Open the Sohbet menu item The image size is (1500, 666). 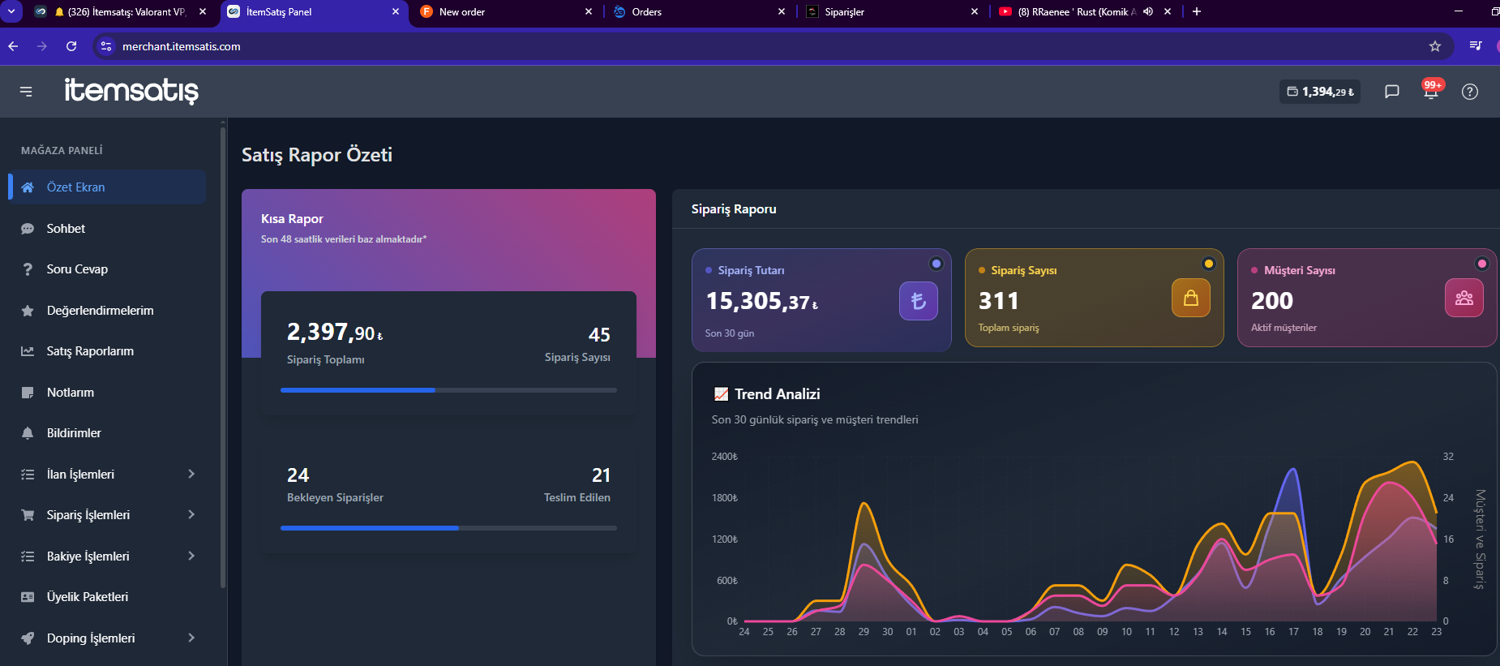point(66,229)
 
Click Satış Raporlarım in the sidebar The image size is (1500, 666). point(90,351)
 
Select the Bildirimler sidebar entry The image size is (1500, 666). point(74,433)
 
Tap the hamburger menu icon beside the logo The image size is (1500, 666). point(26,92)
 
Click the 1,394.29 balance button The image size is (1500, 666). point(1320,92)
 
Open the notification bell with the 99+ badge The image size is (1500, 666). point(1431,91)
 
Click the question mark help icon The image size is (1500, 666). point(1470,92)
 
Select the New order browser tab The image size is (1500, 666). point(462,12)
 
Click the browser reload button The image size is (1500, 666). point(71,46)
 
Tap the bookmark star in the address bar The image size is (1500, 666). point(1435,46)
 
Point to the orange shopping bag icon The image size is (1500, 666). point(1191,298)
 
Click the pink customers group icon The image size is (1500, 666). point(1464,298)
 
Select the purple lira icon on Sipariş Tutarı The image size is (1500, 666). point(919,301)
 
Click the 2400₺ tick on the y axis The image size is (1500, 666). point(725,457)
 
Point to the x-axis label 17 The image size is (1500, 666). point(1293,632)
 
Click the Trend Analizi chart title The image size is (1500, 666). point(778,394)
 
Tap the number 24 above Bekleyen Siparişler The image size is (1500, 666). point(298,475)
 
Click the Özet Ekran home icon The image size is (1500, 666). point(28,187)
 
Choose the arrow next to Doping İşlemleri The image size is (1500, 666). point(191,638)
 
